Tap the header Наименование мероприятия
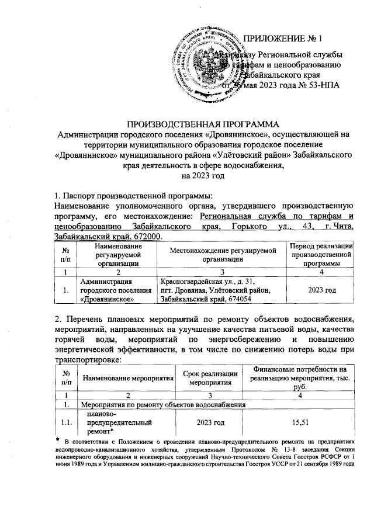click(129, 378)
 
